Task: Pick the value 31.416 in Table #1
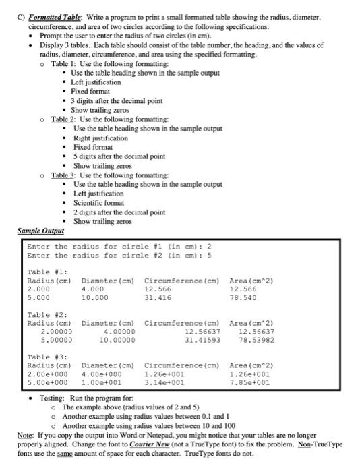[x=158, y=296]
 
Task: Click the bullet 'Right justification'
[x=102, y=138]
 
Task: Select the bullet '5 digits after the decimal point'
[x=119, y=156]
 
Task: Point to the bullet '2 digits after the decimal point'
[x=119, y=212]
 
